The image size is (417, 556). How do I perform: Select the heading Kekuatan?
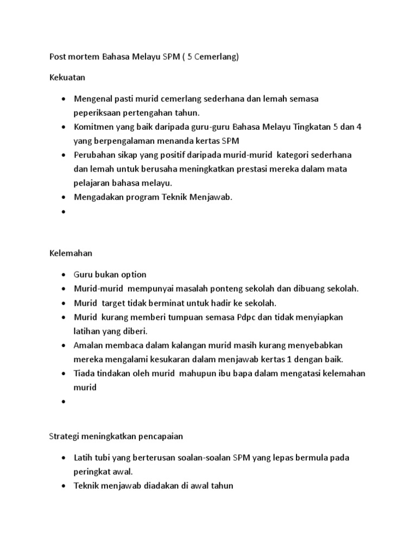(67, 78)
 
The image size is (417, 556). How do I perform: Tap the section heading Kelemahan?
(71, 253)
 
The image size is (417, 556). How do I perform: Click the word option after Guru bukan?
(132, 275)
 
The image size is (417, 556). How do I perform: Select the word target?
(113, 303)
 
